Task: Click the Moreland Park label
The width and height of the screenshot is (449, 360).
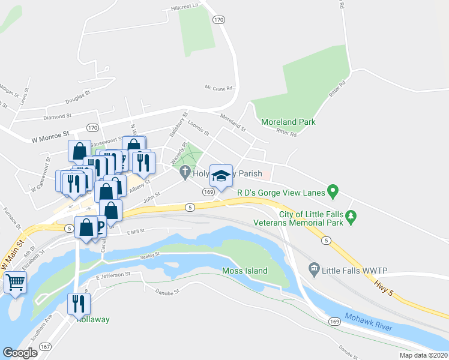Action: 288,122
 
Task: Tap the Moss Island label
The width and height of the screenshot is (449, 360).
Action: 244,271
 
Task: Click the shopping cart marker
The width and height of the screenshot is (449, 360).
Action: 16,281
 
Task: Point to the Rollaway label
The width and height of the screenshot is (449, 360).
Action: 92,319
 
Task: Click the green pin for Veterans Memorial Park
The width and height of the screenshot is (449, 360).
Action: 354,215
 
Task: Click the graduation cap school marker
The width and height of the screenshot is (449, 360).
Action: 221,176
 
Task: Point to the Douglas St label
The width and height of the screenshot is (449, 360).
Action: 77,95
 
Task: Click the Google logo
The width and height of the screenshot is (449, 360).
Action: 20,353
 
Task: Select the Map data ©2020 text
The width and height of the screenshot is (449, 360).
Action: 423,355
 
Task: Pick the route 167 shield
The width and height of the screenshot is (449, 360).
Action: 45,347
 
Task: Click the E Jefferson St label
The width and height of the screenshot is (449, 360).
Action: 113,275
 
